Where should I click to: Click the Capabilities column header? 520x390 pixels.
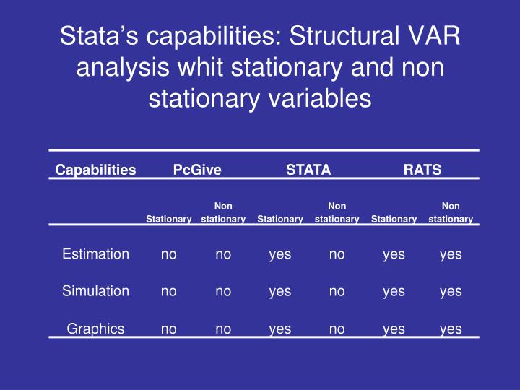[96, 170]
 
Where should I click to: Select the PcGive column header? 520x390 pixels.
[197, 170]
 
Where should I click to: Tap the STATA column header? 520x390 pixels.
[308, 170]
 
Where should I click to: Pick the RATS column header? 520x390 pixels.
[422, 170]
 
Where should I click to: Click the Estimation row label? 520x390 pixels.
[96, 254]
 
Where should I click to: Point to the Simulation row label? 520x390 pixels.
[96, 291]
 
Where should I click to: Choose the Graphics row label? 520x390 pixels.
[96, 329]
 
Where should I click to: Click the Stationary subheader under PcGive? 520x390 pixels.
[168, 219]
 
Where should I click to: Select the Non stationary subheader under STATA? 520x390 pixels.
[337, 212]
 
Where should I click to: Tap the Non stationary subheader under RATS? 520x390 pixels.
[451, 212]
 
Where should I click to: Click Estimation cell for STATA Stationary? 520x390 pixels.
[280, 254]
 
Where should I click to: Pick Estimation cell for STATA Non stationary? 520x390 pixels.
[337, 254]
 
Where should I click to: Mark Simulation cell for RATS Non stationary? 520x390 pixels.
[451, 291]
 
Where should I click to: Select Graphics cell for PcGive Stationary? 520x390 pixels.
[168, 329]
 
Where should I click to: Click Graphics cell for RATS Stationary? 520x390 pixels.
[394, 329]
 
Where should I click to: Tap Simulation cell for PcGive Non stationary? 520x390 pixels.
[224, 291]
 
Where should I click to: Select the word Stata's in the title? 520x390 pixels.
[93, 38]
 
